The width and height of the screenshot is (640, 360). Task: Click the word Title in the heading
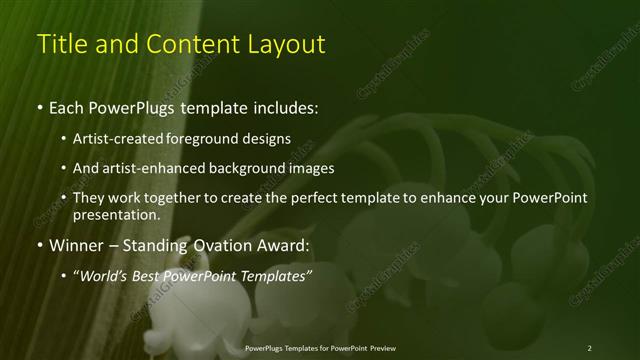tap(60, 44)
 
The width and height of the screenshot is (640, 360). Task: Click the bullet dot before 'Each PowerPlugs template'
tap(39, 105)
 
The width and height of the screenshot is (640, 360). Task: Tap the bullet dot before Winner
tap(39, 245)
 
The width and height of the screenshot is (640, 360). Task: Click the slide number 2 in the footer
tap(589, 347)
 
